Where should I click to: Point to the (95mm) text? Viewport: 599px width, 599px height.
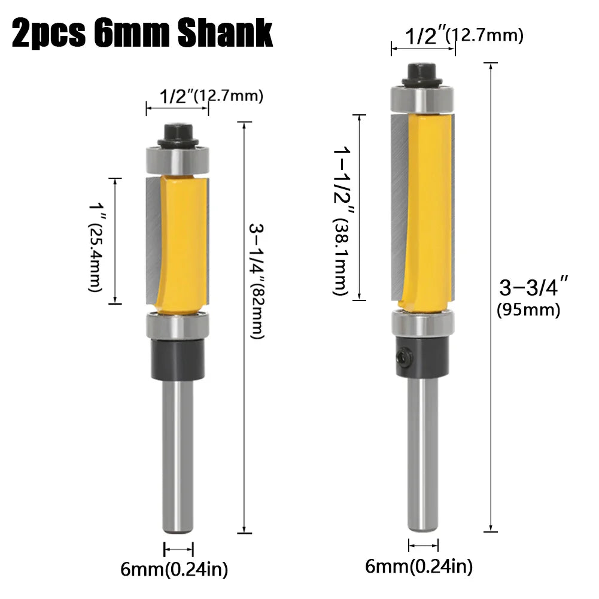(x=528, y=311)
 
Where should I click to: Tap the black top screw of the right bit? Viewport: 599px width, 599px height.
(x=424, y=74)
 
